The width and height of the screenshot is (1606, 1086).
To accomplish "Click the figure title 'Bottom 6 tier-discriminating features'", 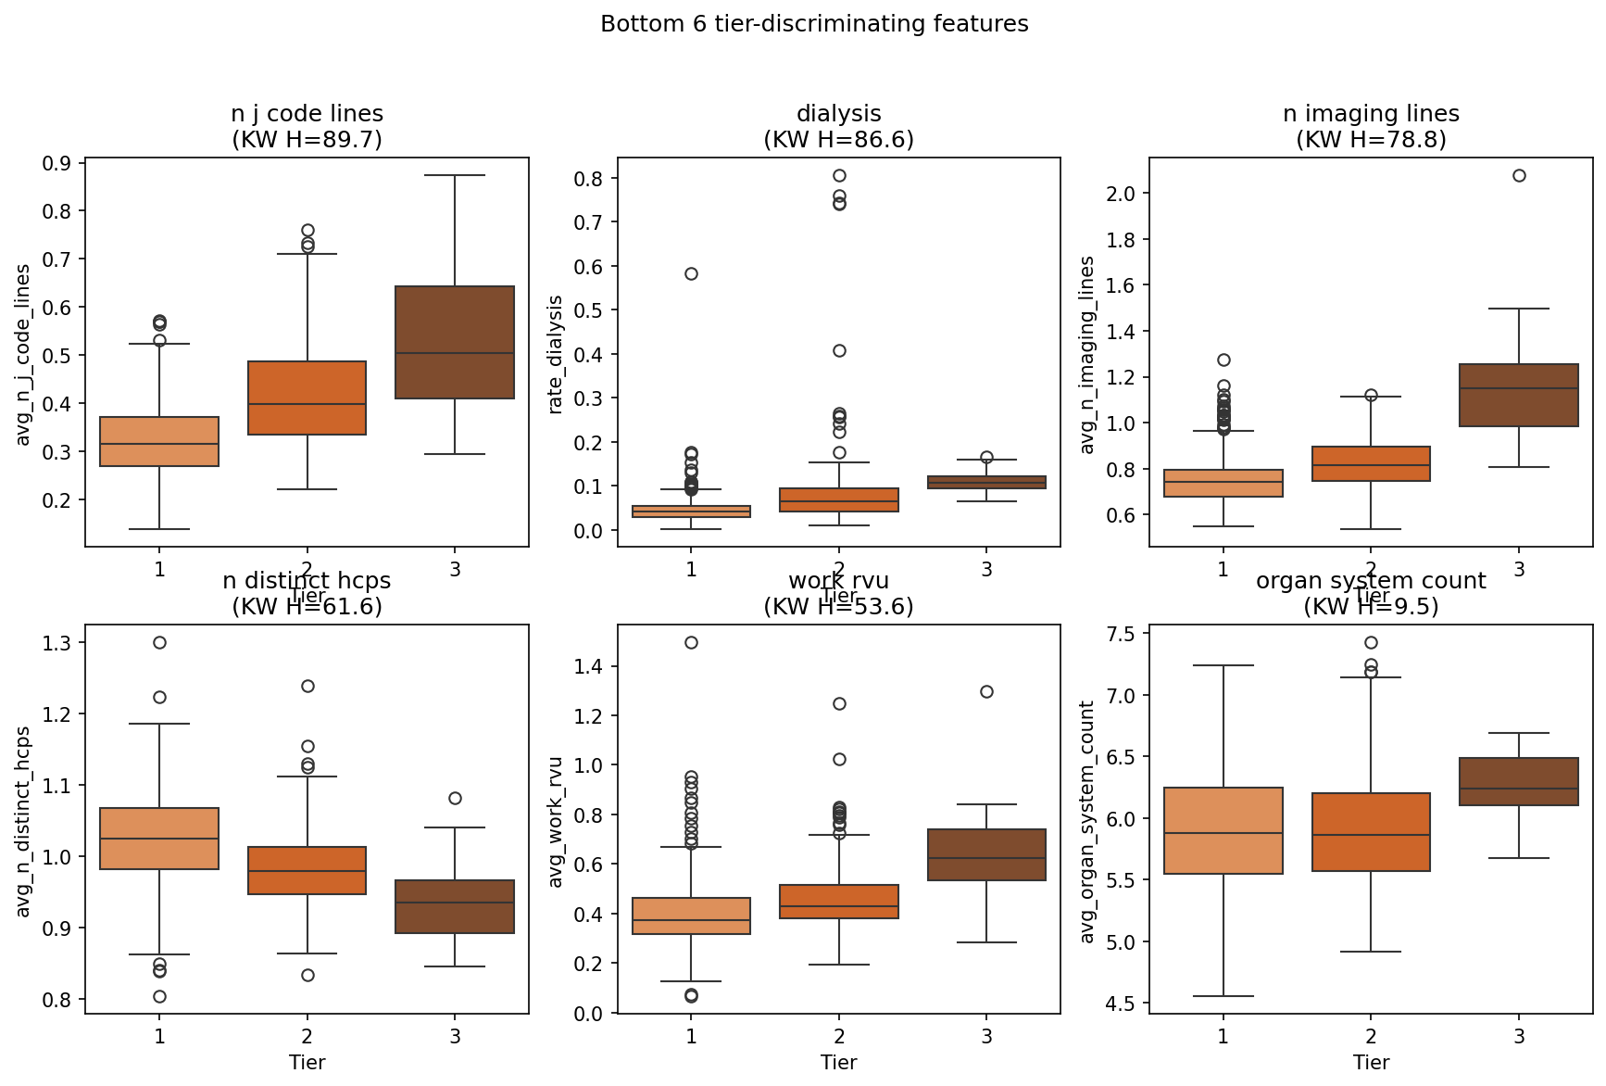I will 814,24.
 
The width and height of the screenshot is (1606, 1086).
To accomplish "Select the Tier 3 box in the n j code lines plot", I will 455,343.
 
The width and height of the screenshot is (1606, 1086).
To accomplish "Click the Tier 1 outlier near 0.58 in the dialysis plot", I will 691,273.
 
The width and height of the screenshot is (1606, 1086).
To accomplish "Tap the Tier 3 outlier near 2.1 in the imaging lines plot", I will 1519,175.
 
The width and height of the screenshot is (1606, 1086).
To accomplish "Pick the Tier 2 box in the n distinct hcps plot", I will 307,870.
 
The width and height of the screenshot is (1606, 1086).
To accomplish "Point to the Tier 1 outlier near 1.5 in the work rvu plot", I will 691,642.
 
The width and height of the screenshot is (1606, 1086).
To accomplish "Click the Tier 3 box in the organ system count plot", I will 1519,781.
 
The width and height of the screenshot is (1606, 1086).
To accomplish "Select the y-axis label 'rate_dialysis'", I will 556,354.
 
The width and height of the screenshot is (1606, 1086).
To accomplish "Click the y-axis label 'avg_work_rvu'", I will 556,822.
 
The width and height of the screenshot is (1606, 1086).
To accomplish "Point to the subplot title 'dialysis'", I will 838,114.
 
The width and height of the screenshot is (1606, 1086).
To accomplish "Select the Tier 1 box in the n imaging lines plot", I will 1223,483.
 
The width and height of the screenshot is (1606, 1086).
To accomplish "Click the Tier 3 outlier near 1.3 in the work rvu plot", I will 986,691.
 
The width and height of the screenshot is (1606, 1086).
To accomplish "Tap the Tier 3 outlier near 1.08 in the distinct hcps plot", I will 455,798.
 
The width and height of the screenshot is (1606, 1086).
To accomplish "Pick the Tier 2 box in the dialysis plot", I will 838,500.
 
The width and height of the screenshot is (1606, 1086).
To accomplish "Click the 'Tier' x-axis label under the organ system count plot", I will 1371,1062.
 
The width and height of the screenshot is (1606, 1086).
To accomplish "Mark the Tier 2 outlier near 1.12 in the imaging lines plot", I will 1371,395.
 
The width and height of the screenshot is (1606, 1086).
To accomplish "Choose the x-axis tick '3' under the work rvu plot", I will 986,1036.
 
